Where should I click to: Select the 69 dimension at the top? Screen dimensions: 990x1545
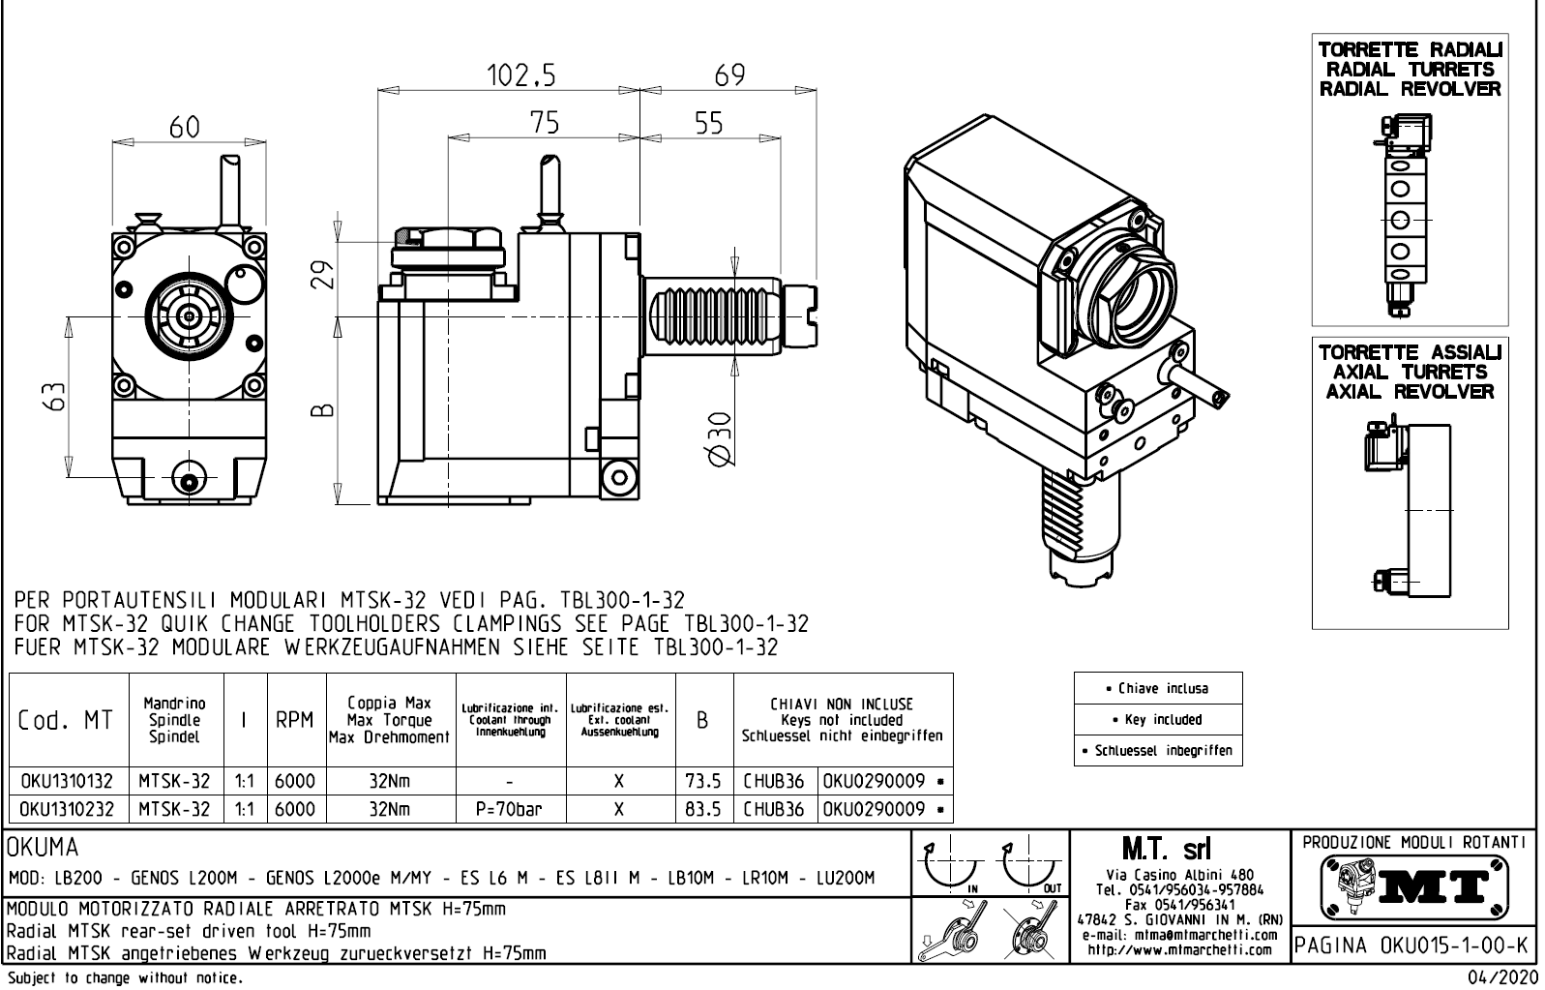pyautogui.click(x=728, y=75)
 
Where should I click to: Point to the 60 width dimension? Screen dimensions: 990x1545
pyautogui.click(x=185, y=128)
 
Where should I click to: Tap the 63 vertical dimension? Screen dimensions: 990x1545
pyautogui.click(x=59, y=393)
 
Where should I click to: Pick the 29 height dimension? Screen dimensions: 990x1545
pyautogui.click(x=326, y=275)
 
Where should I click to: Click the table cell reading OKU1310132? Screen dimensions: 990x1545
pyautogui.click(x=67, y=781)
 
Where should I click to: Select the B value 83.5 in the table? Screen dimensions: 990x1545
pyautogui.click(x=702, y=809)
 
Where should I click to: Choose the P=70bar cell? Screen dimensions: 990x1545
pyautogui.click(x=509, y=809)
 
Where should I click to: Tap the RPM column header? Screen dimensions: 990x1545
pyautogui.click(x=294, y=720)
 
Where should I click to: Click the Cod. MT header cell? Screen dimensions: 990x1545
pyautogui.click(x=65, y=721)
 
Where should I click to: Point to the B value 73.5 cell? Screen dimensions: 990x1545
pyautogui.click(x=702, y=781)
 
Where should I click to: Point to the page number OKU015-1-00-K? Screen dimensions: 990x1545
pyautogui.click(x=1411, y=944)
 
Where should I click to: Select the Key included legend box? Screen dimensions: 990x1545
pyautogui.click(x=1157, y=720)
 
